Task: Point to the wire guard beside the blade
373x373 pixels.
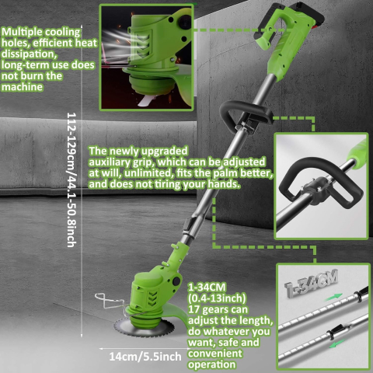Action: click(108, 301)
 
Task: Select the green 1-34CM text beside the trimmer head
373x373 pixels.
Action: click(204, 285)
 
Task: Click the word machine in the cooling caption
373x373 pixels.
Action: click(24, 88)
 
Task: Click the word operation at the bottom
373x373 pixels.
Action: click(213, 361)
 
